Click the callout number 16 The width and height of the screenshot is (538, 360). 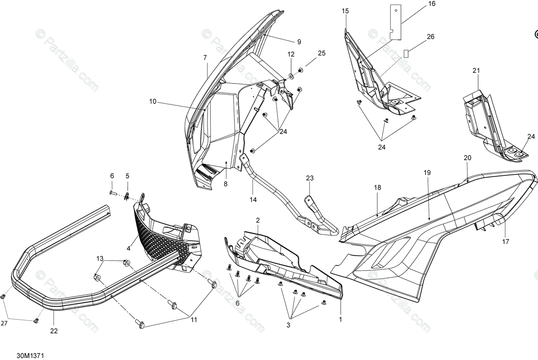coord(432,4)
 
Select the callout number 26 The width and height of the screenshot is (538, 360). coord(430,37)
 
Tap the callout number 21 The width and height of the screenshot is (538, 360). coord(476,71)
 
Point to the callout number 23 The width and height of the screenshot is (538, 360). coord(310,178)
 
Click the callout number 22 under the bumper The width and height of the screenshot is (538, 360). coord(54,331)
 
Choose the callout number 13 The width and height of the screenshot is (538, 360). coord(100,258)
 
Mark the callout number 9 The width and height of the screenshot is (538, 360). coord(299,42)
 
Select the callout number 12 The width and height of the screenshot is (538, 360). coord(291,54)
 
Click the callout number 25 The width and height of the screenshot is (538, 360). coord(322,53)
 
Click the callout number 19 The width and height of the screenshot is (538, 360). coord(427,173)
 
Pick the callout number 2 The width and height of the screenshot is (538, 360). coord(258,220)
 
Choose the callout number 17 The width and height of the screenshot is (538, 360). coord(506,241)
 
